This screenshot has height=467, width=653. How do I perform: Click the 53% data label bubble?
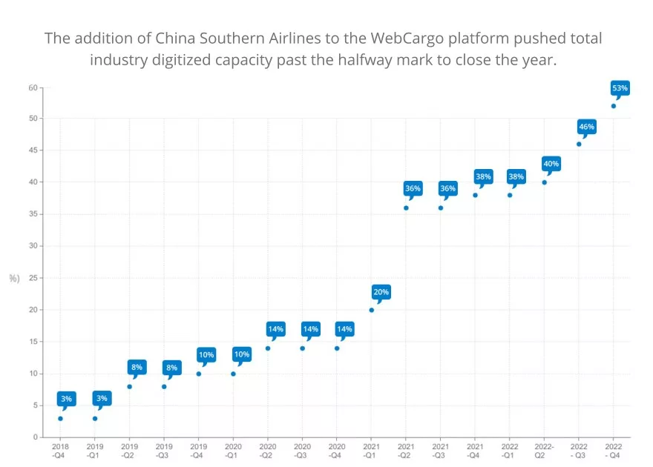pyautogui.click(x=620, y=88)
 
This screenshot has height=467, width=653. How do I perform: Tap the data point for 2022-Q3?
pyautogui.click(x=579, y=144)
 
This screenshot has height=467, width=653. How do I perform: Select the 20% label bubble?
pyautogui.click(x=381, y=292)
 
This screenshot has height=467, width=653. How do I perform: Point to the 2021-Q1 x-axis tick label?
pyautogui.click(x=371, y=451)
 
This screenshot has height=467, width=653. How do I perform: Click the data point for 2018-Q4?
pyautogui.click(x=60, y=419)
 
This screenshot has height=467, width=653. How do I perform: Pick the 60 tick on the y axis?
pyautogui.click(x=33, y=87)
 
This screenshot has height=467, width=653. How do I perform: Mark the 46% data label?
pyautogui.click(x=586, y=127)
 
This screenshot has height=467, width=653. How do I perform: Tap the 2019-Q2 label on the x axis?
pyautogui.click(x=129, y=451)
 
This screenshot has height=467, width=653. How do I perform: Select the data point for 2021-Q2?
pyautogui.click(x=406, y=208)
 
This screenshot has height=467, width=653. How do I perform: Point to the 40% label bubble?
pyautogui.click(x=551, y=164)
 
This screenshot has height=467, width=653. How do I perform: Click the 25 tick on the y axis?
pyautogui.click(x=33, y=278)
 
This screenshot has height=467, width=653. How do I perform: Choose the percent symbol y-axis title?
pyautogui.click(x=13, y=279)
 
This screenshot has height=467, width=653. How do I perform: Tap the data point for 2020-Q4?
pyautogui.click(x=337, y=348)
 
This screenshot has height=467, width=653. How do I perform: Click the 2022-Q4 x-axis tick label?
pyautogui.click(x=614, y=451)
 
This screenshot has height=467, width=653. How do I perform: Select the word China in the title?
pyautogui.click(x=177, y=38)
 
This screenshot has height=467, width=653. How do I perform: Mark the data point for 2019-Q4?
pyautogui.click(x=198, y=374)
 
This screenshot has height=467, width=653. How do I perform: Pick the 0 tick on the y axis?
pyautogui.click(x=35, y=437)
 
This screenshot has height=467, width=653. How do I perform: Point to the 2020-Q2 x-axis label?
pyautogui.click(x=268, y=451)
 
